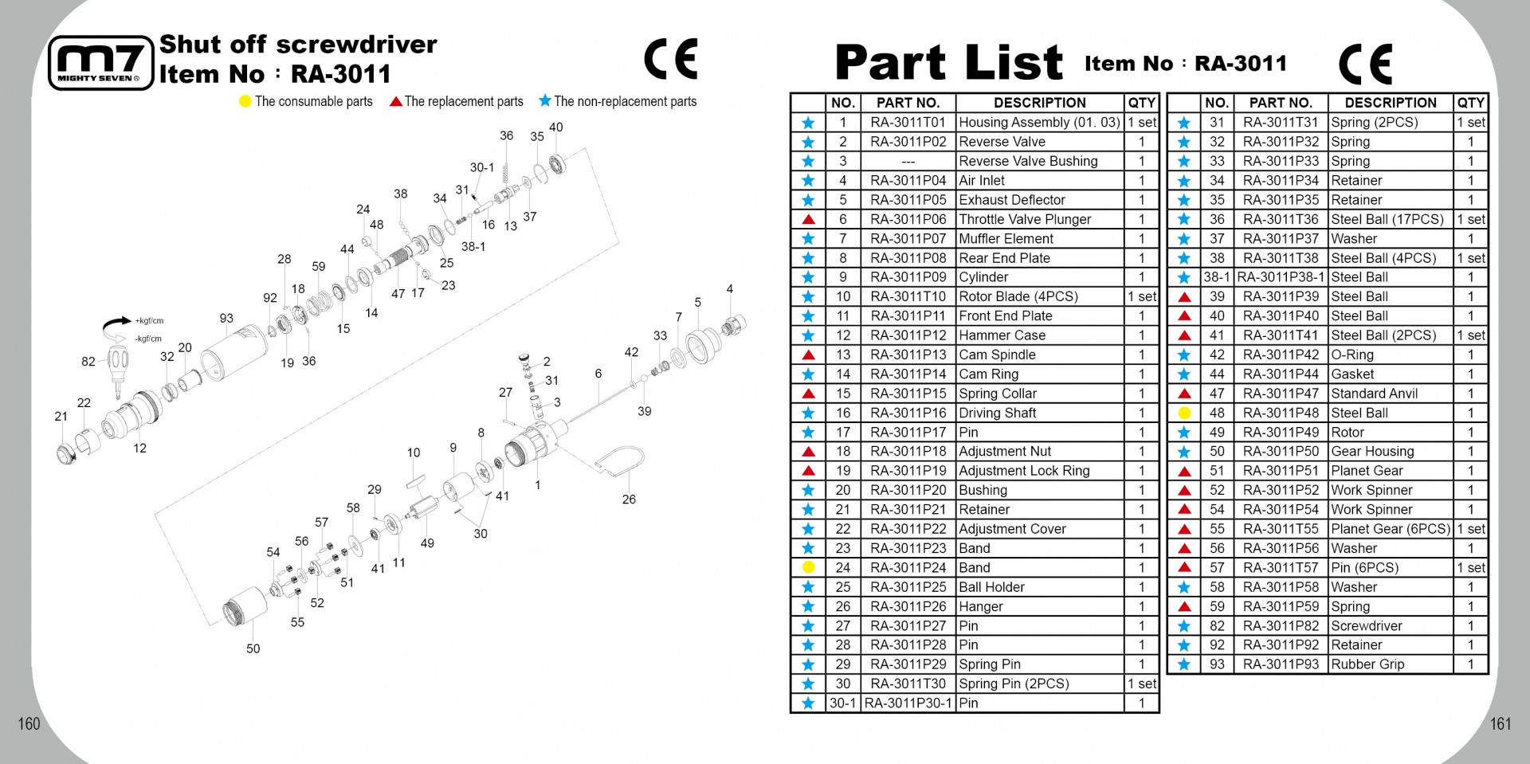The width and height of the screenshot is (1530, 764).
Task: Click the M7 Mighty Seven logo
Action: click(x=100, y=63)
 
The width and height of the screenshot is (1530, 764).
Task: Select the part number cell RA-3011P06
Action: click(x=908, y=219)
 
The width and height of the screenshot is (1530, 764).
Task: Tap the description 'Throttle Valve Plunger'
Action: click(x=1025, y=219)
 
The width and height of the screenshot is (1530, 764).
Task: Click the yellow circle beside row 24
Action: click(x=808, y=567)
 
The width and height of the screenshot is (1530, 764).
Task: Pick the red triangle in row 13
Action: click(x=808, y=355)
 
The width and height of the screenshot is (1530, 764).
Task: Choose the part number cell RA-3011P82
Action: click(x=1281, y=625)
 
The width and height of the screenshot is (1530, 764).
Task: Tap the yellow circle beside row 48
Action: click(x=1184, y=413)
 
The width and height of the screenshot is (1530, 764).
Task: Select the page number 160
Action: click(x=29, y=723)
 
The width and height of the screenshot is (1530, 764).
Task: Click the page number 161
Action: click(x=1501, y=723)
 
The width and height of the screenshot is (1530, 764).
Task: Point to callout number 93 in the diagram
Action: click(x=226, y=319)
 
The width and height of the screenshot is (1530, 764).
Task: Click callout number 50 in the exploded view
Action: click(x=253, y=648)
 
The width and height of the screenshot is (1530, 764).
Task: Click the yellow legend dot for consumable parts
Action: click(x=245, y=101)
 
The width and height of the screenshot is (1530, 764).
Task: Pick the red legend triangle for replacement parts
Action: click(x=395, y=101)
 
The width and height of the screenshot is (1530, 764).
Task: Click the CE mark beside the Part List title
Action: click(x=1366, y=64)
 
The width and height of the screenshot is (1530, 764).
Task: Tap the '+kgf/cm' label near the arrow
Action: click(x=149, y=321)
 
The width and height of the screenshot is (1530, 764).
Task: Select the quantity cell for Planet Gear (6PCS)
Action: click(x=1470, y=529)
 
